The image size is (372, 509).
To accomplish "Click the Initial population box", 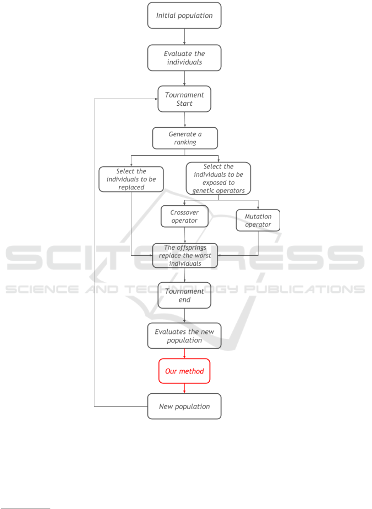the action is [x=184, y=15].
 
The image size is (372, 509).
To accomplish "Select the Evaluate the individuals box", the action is [x=184, y=58].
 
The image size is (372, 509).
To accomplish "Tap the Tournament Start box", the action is [x=184, y=99].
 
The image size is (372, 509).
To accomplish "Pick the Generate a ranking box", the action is [x=185, y=138].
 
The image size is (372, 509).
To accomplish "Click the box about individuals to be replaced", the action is [x=131, y=179].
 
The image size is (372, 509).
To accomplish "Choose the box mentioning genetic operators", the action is [x=218, y=178].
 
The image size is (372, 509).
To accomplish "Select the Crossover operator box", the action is [x=185, y=216].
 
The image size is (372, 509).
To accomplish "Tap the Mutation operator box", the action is [x=258, y=220].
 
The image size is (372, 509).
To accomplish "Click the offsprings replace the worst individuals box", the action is [x=185, y=255].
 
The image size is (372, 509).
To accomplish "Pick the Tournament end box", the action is [x=184, y=295].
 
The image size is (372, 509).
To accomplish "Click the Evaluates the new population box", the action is [x=184, y=335].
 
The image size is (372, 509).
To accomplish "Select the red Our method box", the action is [x=184, y=371].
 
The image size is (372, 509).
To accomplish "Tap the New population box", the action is [x=184, y=406].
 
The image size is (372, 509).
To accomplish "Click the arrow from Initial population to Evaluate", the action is [x=184, y=37].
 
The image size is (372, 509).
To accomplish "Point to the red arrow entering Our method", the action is [x=184, y=354].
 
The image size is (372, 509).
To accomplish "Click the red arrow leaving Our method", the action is [x=184, y=388].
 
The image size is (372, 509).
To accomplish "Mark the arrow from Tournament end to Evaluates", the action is [x=184, y=316].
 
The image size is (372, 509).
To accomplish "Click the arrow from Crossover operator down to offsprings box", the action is [x=185, y=235].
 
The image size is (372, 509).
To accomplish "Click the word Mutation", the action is [x=258, y=216].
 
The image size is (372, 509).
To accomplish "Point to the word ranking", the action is [x=185, y=142].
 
